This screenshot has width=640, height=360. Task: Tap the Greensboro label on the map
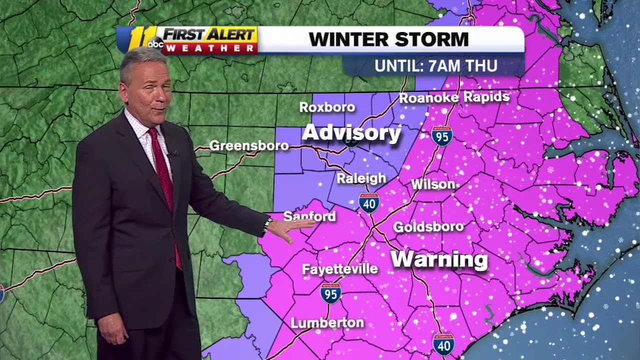click(248, 145)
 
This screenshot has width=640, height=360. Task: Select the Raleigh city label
click(361, 178)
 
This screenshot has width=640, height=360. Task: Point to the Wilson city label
click(433, 184)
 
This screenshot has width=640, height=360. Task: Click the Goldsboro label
click(428, 227)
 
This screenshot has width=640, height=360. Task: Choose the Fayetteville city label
click(339, 269)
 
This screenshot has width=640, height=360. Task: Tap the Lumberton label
click(327, 322)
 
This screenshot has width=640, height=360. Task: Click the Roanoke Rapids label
click(454, 97)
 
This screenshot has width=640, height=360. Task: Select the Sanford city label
click(309, 216)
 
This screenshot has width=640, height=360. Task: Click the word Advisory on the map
click(351, 133)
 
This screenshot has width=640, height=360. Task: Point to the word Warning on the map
click(438, 259)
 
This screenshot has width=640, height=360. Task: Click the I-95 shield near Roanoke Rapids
click(442, 135)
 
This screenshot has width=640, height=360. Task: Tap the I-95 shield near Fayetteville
click(330, 293)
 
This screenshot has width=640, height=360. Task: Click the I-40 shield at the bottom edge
click(443, 344)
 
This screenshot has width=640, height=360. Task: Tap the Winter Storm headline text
click(388, 39)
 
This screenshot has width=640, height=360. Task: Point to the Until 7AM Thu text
click(436, 66)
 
